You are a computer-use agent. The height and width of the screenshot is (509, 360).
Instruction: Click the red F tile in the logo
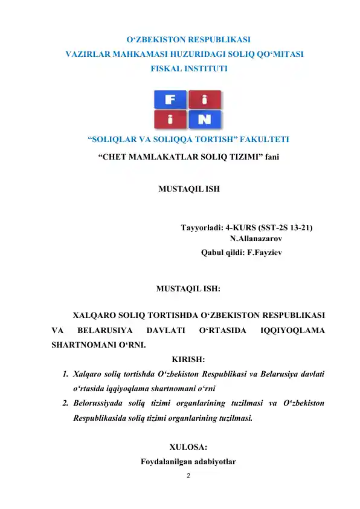pyautogui.click(x=170, y=99)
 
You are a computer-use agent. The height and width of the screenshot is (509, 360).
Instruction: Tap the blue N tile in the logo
pyautogui.click(x=205, y=119)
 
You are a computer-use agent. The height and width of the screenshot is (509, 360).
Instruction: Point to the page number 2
pyautogui.click(x=188, y=476)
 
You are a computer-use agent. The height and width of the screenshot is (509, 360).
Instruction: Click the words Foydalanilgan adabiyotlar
pyautogui.click(x=188, y=462)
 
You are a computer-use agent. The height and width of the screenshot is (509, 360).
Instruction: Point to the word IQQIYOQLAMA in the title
pyautogui.click(x=292, y=331)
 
